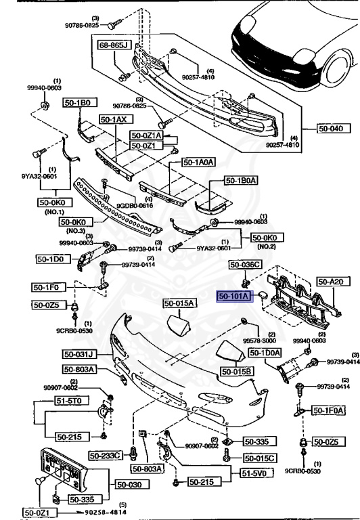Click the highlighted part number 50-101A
click(x=234, y=296)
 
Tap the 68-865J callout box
click(x=114, y=47)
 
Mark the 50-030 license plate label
click(x=131, y=484)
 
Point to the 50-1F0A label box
click(x=329, y=410)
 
